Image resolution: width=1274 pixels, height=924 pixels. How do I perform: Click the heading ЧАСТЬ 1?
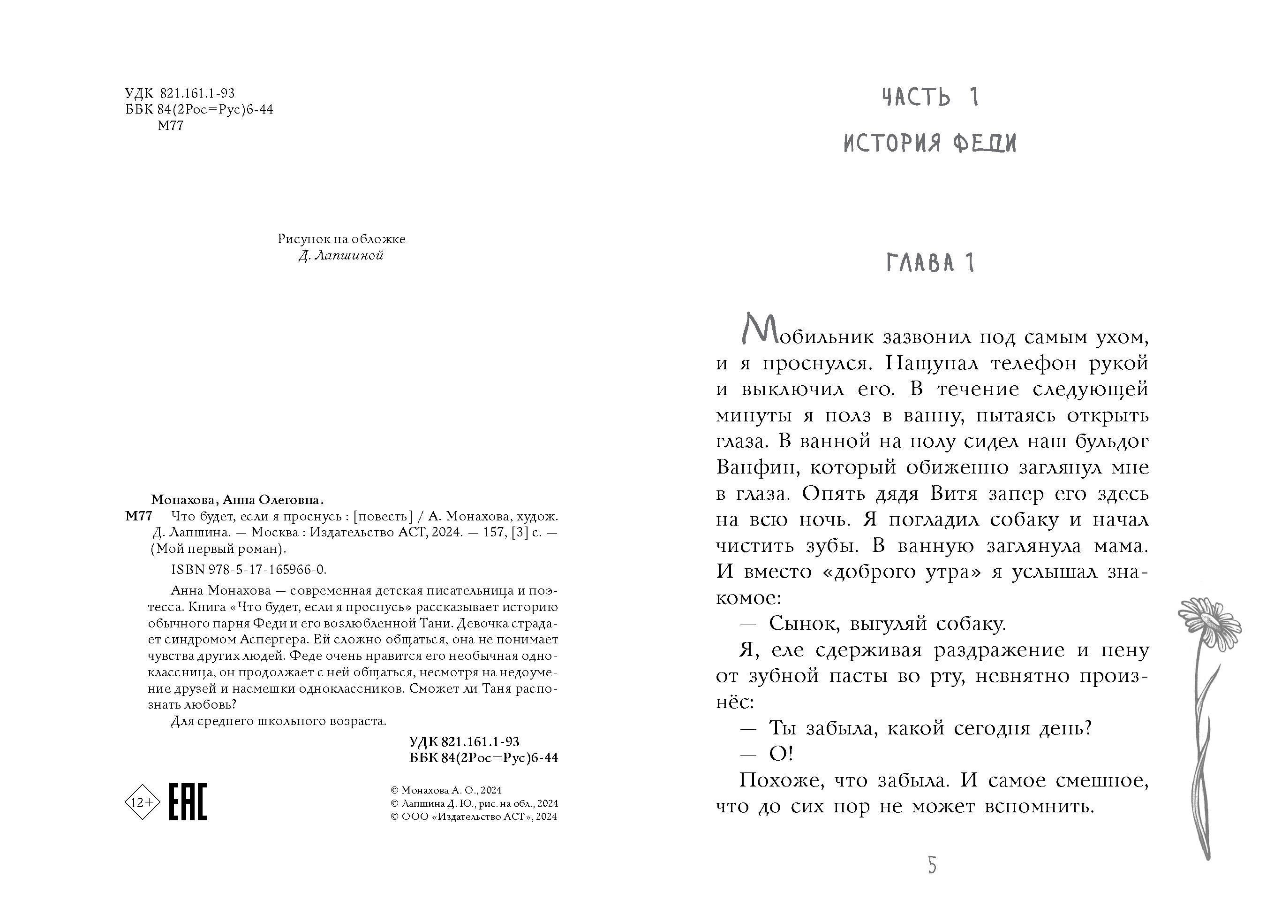930,97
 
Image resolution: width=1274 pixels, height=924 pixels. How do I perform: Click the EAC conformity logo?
188,802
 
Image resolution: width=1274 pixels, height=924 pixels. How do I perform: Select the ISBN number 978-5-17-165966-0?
249,569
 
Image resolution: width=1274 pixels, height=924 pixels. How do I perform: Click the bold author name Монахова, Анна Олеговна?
238,500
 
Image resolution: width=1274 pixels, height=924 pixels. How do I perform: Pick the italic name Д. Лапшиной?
341,256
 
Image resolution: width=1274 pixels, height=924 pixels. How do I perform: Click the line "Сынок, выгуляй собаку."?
888,624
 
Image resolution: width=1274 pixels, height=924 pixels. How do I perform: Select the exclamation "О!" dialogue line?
780,754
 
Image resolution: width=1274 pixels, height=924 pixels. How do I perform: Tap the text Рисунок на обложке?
341,239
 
